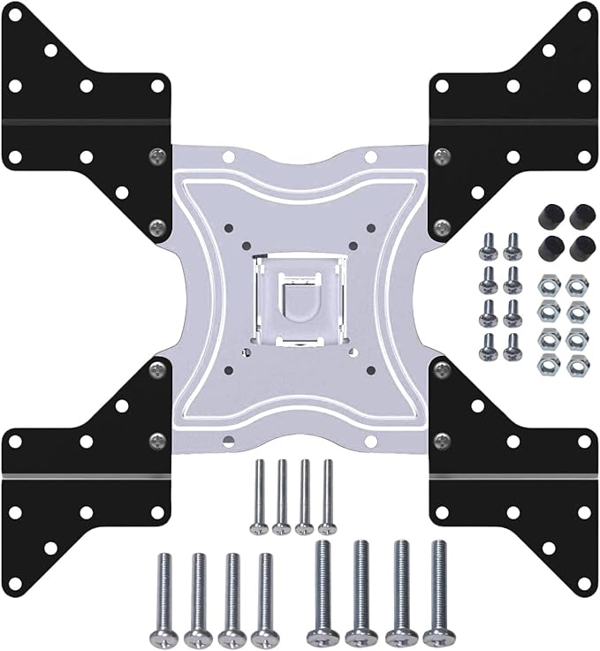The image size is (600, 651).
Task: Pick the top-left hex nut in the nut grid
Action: (549, 284)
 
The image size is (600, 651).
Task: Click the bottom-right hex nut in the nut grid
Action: (577, 364)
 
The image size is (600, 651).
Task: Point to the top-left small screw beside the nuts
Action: (488, 246)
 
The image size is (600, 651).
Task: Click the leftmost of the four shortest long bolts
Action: (258, 496)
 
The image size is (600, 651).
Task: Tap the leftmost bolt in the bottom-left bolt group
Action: (164, 595)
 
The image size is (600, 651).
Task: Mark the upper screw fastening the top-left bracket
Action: (157, 156)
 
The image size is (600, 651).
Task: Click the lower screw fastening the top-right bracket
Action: (442, 227)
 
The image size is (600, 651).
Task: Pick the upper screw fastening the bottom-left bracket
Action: (157, 368)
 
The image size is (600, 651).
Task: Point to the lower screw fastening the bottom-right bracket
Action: (442, 439)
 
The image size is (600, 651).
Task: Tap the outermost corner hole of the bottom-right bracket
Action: (584, 584)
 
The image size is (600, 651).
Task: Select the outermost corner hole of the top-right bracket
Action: (584, 14)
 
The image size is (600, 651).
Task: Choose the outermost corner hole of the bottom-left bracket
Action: (15, 584)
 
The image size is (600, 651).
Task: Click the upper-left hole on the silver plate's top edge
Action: (227, 156)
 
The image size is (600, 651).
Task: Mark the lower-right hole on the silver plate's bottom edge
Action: (371, 440)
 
